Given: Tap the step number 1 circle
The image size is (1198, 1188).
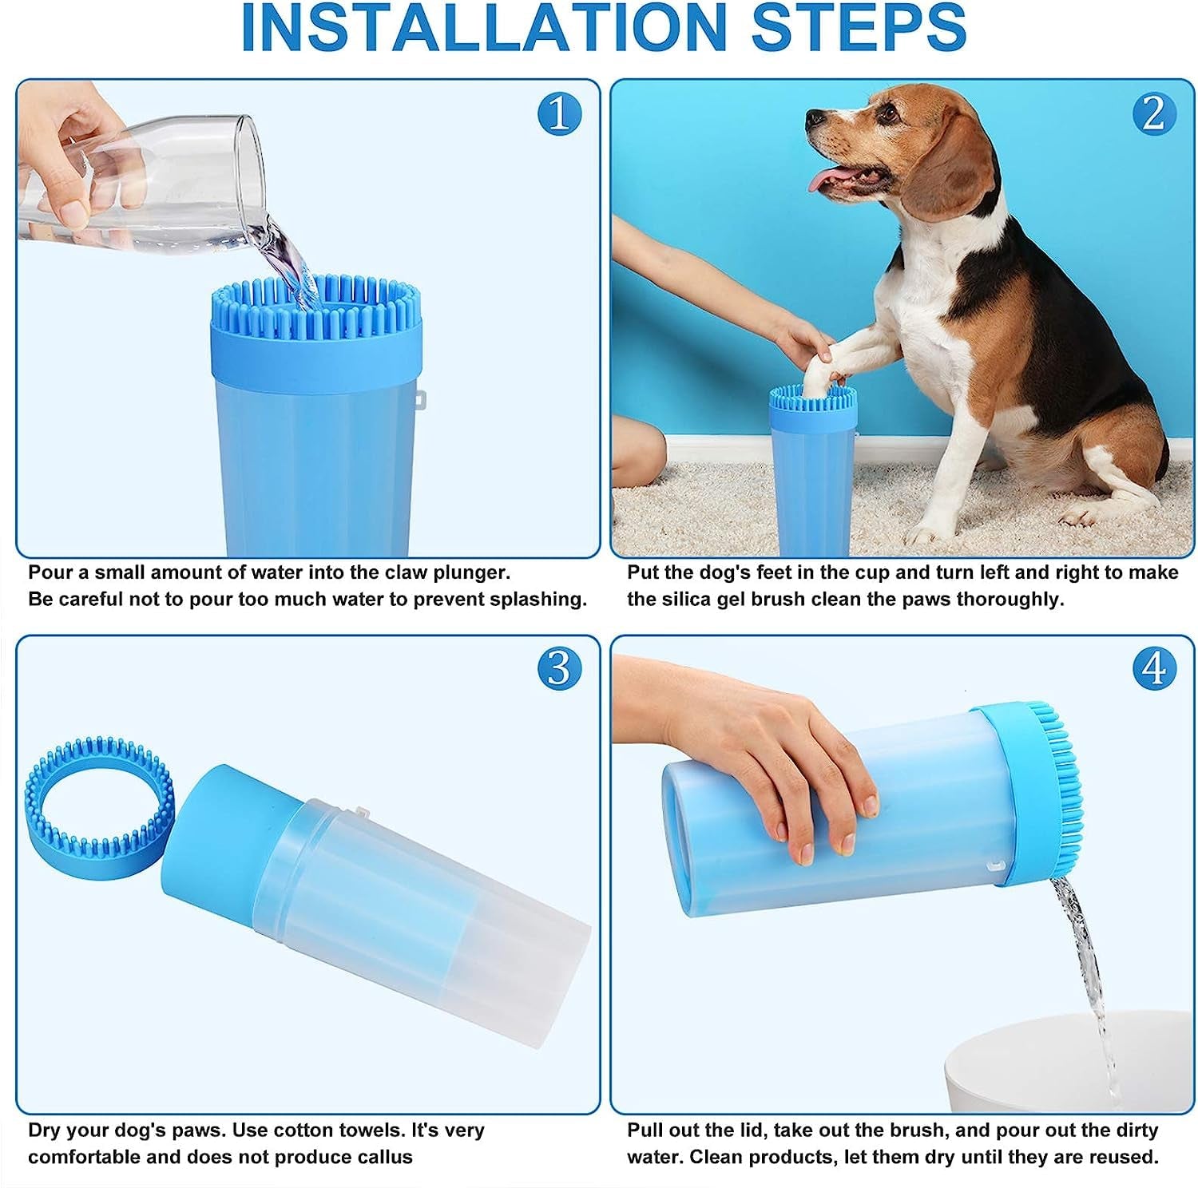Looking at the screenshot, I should point(559,113).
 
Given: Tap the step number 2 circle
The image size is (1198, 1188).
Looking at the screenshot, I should point(1153,113).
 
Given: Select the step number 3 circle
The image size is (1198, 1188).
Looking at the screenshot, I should point(559,668).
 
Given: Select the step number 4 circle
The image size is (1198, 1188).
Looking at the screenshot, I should point(1153,668).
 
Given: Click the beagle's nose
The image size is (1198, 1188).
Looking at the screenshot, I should point(813,119).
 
